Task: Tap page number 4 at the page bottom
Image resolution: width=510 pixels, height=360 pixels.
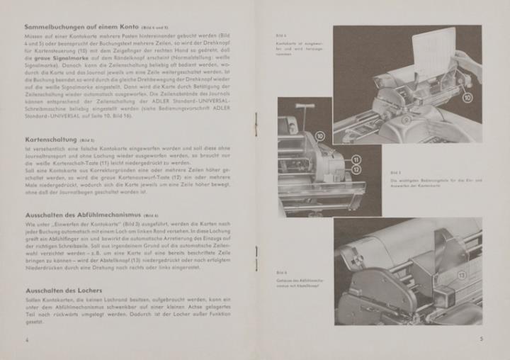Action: (x=26, y=339)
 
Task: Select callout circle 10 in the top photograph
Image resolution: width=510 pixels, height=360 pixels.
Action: (x=467, y=96)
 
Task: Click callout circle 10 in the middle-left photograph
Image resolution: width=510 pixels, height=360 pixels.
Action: (x=320, y=135)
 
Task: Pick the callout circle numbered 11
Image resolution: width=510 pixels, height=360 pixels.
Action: (x=356, y=159)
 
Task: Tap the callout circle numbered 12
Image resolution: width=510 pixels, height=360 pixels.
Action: (x=356, y=169)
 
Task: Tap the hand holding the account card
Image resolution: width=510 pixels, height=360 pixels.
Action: (x=467, y=60)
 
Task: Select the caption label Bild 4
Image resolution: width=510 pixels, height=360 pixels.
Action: (x=280, y=35)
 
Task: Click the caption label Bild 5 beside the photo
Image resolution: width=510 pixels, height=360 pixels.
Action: (x=395, y=172)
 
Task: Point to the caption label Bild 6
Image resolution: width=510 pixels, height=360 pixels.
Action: (x=281, y=273)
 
